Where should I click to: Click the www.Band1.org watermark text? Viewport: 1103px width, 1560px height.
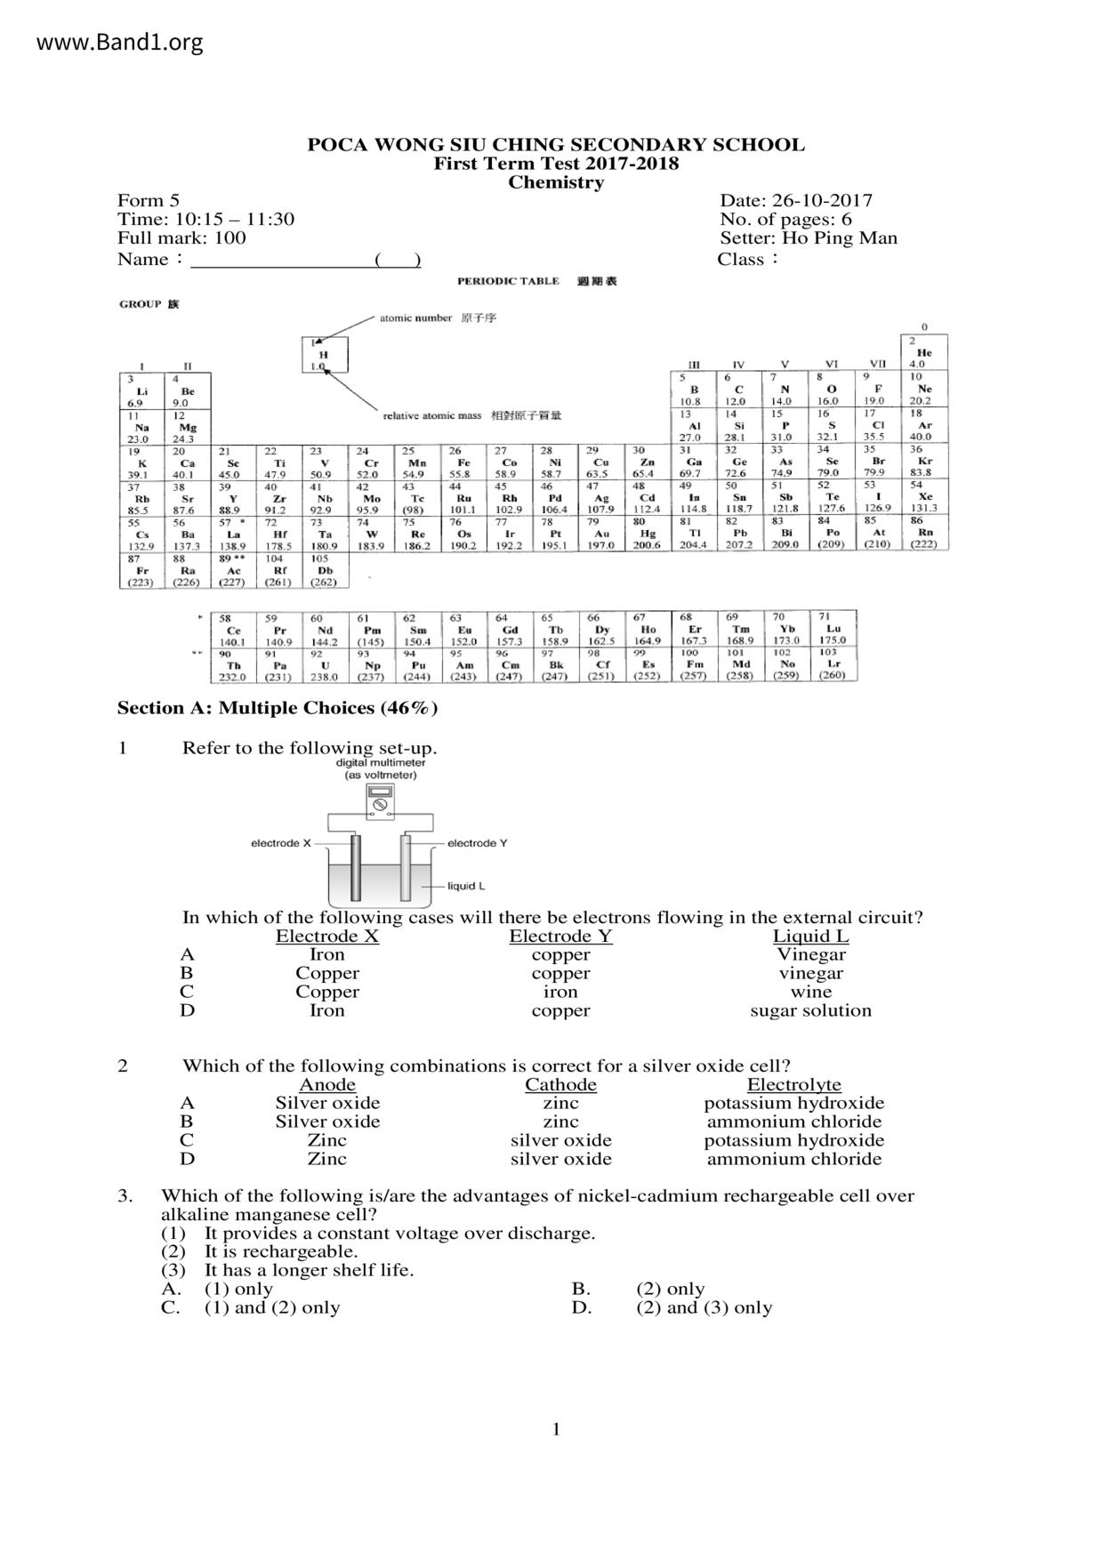coord(120,42)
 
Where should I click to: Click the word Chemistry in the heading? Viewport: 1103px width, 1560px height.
coord(556,182)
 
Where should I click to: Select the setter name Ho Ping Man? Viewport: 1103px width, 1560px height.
coord(840,238)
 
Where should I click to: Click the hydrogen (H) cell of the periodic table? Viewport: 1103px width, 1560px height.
coord(324,355)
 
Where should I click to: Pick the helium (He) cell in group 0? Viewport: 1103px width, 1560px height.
coord(925,352)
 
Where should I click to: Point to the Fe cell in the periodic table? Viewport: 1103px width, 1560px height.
coord(463,463)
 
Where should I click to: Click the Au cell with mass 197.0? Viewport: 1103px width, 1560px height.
coord(602,535)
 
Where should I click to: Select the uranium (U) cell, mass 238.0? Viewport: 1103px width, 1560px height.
coord(325,664)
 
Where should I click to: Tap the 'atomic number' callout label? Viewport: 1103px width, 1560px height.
coord(415,318)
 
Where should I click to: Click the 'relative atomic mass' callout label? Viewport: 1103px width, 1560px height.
coord(432,415)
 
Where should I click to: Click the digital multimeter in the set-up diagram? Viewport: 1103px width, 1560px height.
coord(380,804)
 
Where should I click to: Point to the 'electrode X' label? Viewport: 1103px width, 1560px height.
coord(281,843)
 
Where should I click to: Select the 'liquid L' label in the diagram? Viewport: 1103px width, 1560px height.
coord(466,886)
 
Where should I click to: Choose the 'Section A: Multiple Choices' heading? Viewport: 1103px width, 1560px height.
coord(277,708)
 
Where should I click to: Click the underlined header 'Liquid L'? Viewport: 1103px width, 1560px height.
coord(810,937)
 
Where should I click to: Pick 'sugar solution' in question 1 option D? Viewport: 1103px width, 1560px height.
coord(810,1010)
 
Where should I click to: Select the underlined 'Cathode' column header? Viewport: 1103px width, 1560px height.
coord(560,1085)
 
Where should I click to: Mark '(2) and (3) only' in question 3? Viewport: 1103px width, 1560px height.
coord(704,1307)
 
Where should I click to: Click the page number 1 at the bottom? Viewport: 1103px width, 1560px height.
coord(556,1430)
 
